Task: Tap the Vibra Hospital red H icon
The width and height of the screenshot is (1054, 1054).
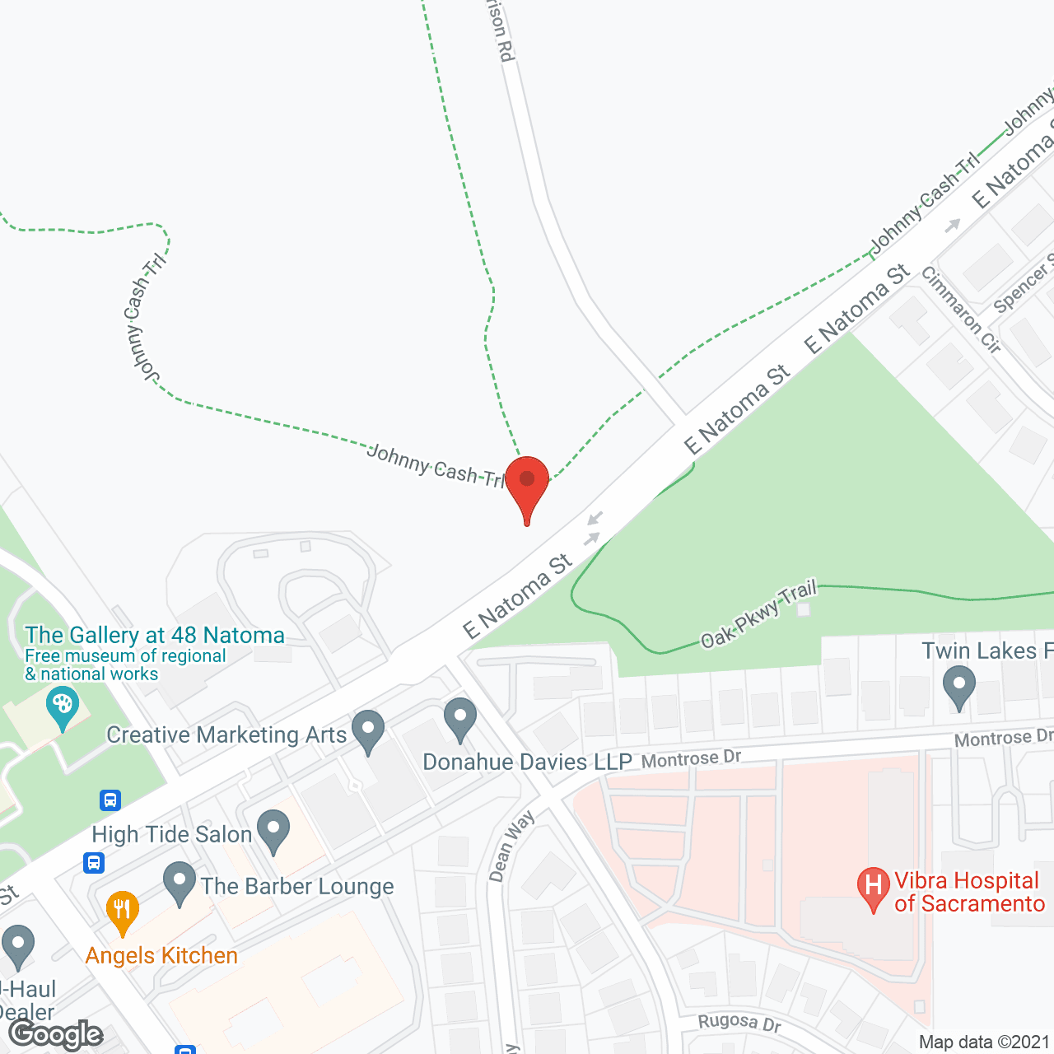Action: click(873, 887)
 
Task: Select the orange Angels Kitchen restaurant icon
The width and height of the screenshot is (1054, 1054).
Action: click(122, 910)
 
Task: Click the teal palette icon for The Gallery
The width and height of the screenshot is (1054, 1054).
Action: click(62, 707)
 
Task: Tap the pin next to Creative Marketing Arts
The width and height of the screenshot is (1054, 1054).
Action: click(368, 730)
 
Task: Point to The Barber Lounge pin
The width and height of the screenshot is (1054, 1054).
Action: click(179, 882)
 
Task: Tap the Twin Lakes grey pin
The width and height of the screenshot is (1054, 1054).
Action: click(958, 685)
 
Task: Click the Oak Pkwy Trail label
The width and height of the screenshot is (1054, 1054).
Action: click(758, 613)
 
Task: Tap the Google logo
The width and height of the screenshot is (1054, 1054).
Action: click(56, 1034)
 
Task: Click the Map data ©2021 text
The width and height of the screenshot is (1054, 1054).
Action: click(983, 1042)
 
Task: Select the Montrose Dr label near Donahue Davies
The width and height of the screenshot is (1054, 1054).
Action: click(691, 758)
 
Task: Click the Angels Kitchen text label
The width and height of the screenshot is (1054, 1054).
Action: click(161, 955)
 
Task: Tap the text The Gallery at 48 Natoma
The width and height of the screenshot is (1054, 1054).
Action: click(155, 636)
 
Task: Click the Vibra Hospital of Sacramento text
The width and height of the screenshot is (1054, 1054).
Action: click(969, 892)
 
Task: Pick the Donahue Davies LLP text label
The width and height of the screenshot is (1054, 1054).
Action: click(527, 762)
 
